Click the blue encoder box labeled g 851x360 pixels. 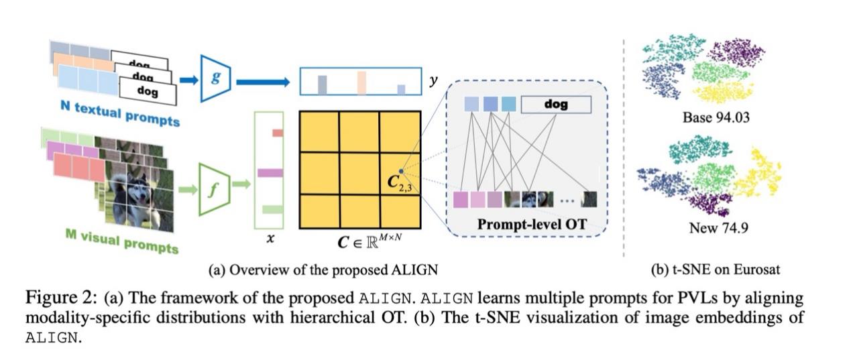(x=215, y=78)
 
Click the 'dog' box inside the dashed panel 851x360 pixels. (x=556, y=104)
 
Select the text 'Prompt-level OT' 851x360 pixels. (x=532, y=225)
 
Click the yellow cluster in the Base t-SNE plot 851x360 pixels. (x=724, y=93)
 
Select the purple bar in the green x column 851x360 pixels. (x=270, y=172)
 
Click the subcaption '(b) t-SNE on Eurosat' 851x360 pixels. (x=716, y=271)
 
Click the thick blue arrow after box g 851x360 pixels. (x=262, y=82)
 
